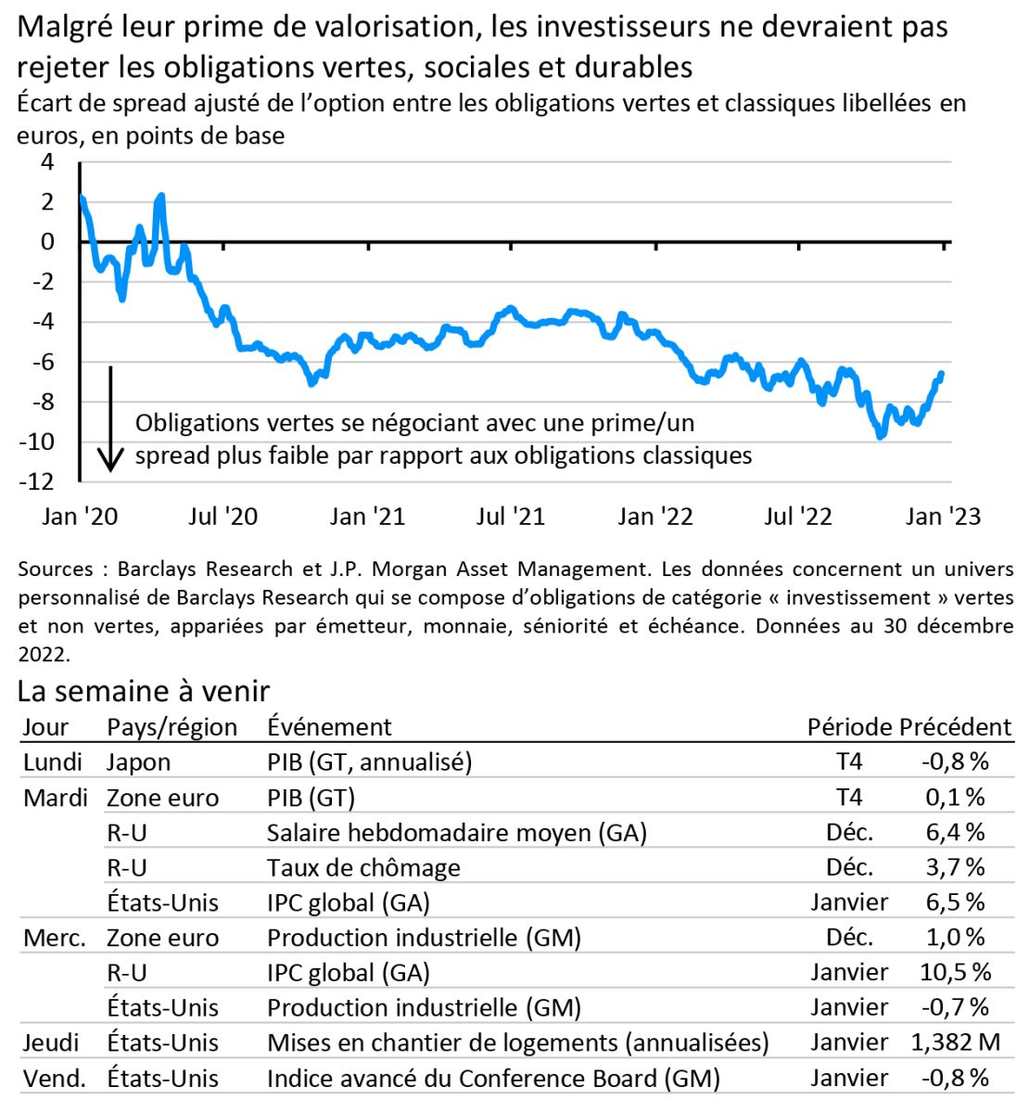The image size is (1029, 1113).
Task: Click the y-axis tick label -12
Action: pyautogui.click(x=38, y=481)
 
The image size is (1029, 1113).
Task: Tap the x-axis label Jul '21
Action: pyautogui.click(x=511, y=517)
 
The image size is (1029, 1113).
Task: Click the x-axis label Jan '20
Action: pyautogui.click(x=81, y=517)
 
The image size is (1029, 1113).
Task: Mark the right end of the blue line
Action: pyautogui.click(x=942, y=374)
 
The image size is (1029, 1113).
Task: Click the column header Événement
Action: pyautogui.click(x=329, y=727)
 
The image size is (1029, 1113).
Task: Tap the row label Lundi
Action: pyautogui.click(x=53, y=762)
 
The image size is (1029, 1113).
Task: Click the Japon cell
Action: pyautogui.click(x=139, y=762)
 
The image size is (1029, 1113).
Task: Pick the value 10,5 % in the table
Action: pyautogui.click(x=958, y=972)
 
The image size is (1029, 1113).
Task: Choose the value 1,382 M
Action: pyautogui.click(x=956, y=1043)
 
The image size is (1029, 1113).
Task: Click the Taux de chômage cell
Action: pyautogui.click(x=363, y=868)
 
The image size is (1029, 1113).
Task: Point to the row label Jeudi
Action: pyautogui.click(x=51, y=1043)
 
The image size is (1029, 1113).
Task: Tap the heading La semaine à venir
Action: pyautogui.click(x=144, y=691)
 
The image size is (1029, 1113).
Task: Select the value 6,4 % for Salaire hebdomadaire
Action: pyautogui.click(x=956, y=833)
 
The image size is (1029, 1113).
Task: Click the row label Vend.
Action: pyautogui.click(x=55, y=1078)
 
